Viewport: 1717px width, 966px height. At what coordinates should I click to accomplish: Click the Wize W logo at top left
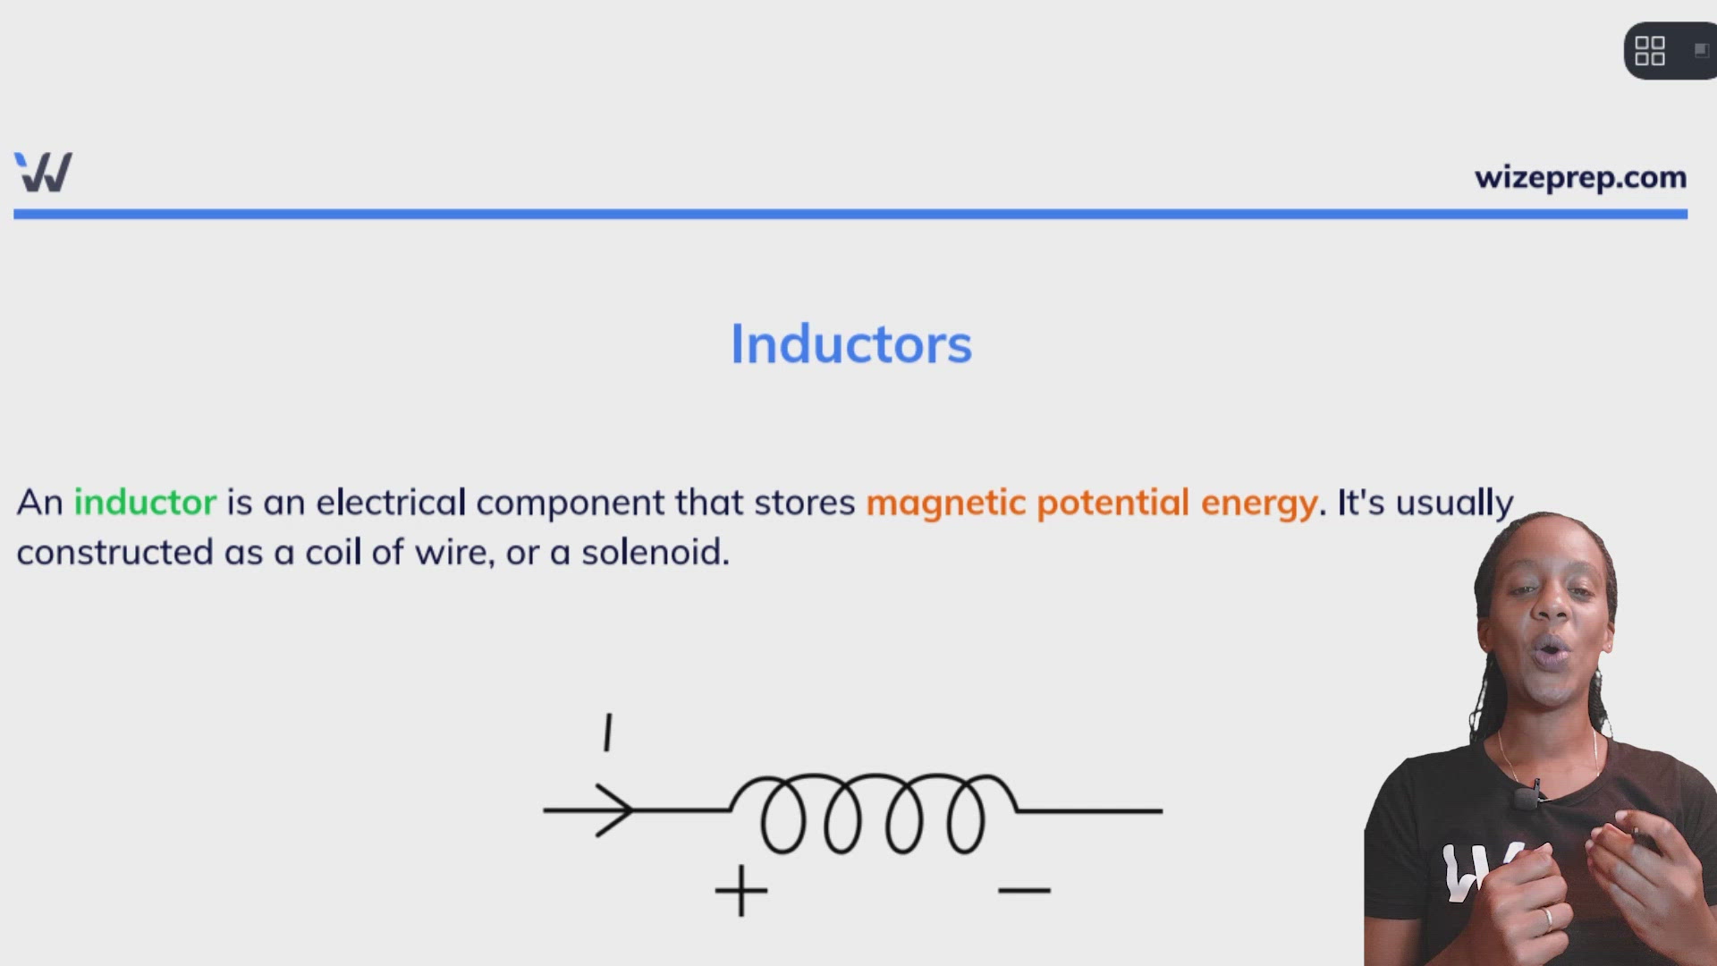click(x=43, y=172)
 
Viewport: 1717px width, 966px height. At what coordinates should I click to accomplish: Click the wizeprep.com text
click(x=1580, y=178)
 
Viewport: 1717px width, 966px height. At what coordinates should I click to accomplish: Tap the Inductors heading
click(x=850, y=344)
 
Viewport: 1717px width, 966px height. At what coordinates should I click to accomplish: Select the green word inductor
click(x=145, y=503)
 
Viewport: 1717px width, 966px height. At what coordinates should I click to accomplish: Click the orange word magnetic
click(x=945, y=504)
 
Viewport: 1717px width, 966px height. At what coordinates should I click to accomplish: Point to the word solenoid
click(x=654, y=553)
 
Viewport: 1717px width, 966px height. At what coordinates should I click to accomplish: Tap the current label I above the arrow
click(x=608, y=733)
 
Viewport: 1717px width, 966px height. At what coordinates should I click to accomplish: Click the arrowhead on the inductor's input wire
click(x=617, y=810)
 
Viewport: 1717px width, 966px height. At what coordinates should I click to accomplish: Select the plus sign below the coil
click(x=740, y=890)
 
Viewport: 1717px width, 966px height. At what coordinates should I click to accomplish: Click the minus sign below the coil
click(x=1024, y=890)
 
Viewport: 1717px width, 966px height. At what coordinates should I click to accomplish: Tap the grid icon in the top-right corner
click(x=1649, y=51)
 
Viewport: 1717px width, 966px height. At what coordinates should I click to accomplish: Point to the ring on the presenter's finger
click(x=1547, y=917)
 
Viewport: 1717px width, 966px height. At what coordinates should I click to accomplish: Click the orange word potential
click(x=1112, y=504)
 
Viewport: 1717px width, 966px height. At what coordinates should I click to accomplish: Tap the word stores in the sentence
click(x=804, y=504)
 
